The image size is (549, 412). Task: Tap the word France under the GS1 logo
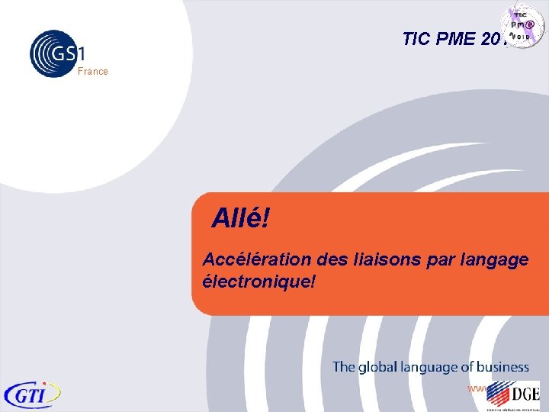(x=93, y=72)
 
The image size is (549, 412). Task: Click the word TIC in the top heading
(x=416, y=39)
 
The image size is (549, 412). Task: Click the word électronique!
(x=258, y=281)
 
